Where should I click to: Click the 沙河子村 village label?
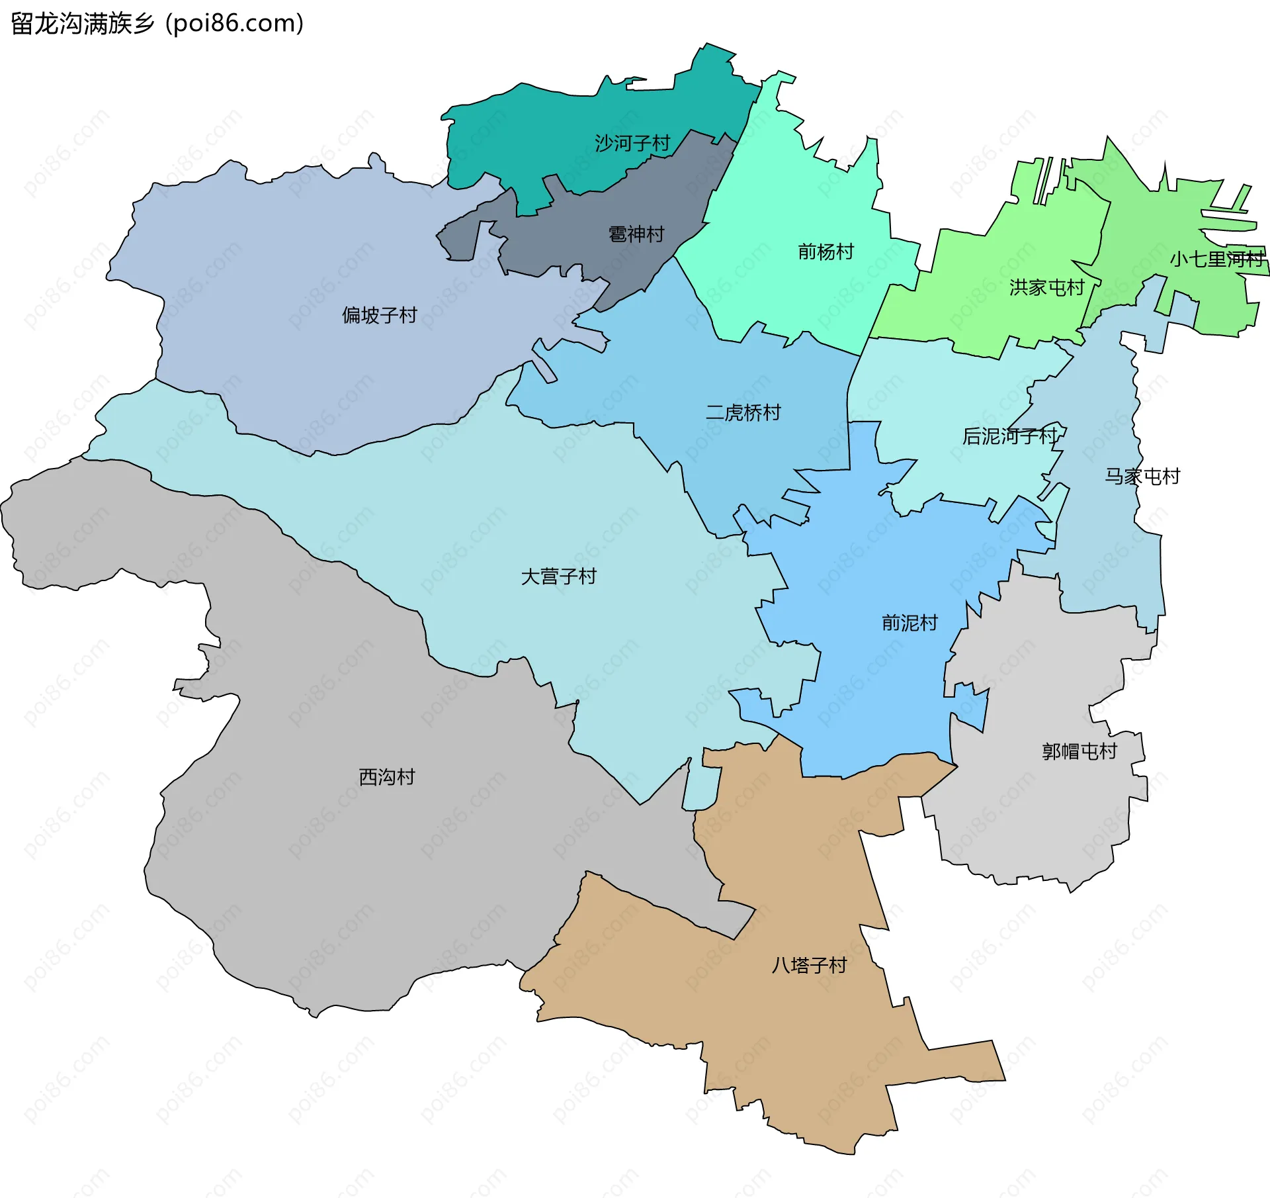click(632, 143)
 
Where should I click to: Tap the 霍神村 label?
click(636, 234)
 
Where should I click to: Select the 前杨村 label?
click(825, 252)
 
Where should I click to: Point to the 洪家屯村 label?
click(1046, 287)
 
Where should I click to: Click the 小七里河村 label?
click(1216, 259)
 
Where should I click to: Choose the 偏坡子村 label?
click(379, 315)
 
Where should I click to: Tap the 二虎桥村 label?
click(743, 413)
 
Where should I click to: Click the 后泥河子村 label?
click(1009, 436)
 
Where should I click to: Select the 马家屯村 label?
click(1142, 477)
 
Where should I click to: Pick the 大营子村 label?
click(558, 576)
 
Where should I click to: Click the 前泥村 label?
click(910, 623)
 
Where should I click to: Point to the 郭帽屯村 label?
click(1079, 751)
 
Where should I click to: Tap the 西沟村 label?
click(386, 777)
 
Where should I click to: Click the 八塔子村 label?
click(808, 965)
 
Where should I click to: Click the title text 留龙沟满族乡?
click(82, 24)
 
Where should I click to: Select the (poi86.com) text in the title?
click(234, 24)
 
